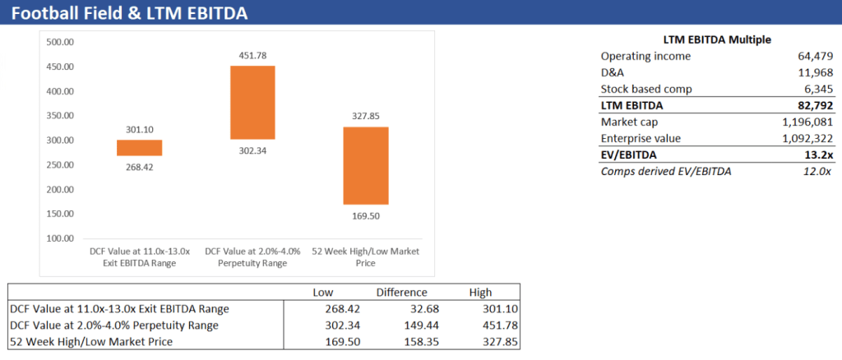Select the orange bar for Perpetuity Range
point(252,102)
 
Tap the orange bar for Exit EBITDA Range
point(139,148)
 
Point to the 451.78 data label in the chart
point(252,55)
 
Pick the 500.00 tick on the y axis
point(61,42)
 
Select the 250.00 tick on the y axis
point(61,164)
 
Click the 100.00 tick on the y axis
point(61,238)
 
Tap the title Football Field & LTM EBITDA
point(129,14)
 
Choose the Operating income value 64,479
point(810,56)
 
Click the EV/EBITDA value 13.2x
point(816,155)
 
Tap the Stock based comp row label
point(646,89)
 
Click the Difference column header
point(401,292)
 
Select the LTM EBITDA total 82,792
point(810,105)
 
